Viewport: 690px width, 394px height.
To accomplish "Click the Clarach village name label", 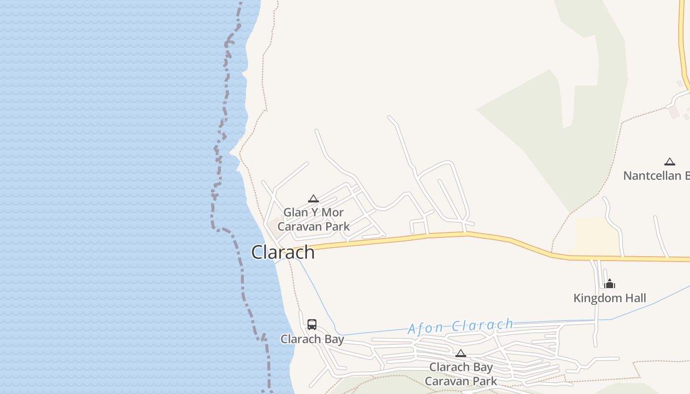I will tap(283, 252).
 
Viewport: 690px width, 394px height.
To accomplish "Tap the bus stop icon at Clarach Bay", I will tap(312, 325).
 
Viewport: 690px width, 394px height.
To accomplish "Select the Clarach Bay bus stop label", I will tap(312, 339).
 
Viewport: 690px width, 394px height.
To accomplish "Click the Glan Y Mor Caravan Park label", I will tap(313, 220).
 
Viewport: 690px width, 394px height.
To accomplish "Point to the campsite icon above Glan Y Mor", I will tap(313, 199).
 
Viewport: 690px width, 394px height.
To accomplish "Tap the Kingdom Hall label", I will tap(610, 298).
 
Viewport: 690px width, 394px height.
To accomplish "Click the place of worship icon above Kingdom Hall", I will tap(610, 284).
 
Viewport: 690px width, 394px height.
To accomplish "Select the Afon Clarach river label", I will tap(460, 326).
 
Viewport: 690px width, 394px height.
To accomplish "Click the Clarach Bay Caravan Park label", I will tap(461, 374).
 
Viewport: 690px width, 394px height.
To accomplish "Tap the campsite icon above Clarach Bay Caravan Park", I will tap(461, 353).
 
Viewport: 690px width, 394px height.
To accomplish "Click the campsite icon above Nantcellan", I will tap(669, 162).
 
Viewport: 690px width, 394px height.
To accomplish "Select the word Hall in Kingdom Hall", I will tap(636, 298).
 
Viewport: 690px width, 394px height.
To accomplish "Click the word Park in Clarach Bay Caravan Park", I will tap(485, 381).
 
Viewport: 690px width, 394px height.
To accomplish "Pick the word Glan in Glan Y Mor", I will tap(296, 213).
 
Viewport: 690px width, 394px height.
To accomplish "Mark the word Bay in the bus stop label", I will tap(333, 339).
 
